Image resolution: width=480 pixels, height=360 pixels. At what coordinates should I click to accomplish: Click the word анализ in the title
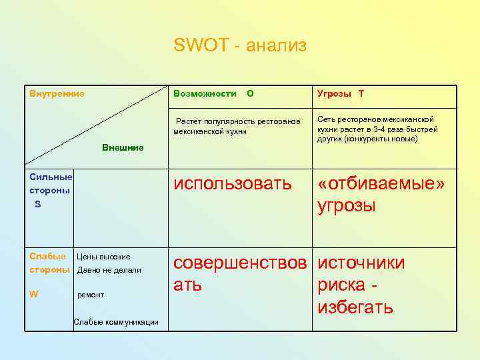click(x=276, y=46)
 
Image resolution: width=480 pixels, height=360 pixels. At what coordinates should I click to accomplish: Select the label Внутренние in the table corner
click(x=57, y=94)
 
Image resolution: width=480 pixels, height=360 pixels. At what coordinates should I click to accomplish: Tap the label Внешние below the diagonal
click(x=123, y=147)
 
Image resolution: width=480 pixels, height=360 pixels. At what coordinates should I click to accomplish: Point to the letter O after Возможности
click(x=250, y=94)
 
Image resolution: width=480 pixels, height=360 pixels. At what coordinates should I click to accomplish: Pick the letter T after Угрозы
click(x=361, y=94)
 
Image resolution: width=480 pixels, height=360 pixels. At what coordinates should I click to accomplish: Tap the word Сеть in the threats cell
click(x=327, y=119)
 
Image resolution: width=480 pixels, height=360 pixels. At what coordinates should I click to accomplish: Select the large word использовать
click(x=233, y=183)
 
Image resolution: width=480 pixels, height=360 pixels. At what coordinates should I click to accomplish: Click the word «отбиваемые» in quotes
click(x=381, y=183)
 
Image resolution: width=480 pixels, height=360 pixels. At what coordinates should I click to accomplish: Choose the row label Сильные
click(x=51, y=177)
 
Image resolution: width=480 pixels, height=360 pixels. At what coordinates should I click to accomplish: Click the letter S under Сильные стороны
click(x=38, y=204)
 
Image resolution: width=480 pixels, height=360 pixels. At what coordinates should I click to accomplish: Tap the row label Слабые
click(x=48, y=256)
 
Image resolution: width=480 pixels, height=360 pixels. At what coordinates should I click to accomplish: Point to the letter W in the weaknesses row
click(x=33, y=291)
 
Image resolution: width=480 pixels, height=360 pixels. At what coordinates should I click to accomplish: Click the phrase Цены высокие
click(x=104, y=257)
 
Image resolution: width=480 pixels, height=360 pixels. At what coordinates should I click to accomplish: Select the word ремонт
click(x=91, y=294)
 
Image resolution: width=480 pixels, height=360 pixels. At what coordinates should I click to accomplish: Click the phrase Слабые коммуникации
click(x=116, y=323)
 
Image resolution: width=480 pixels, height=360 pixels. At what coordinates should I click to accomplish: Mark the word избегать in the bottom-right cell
click(x=355, y=307)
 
